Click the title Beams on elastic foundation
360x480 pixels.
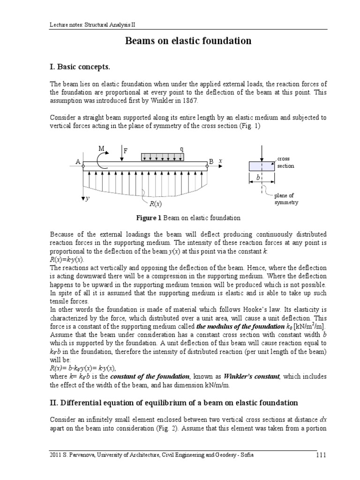point(188,41)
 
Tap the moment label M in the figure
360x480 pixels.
point(101,149)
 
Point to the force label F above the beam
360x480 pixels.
point(125,151)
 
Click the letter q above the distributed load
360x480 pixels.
point(181,149)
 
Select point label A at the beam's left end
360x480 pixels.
point(78,162)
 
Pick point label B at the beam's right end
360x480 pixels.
point(211,162)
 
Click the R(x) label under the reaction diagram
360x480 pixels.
point(155,204)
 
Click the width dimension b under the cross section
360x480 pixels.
point(258,179)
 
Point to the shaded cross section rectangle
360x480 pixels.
point(262,166)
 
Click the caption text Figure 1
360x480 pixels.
point(149,218)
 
